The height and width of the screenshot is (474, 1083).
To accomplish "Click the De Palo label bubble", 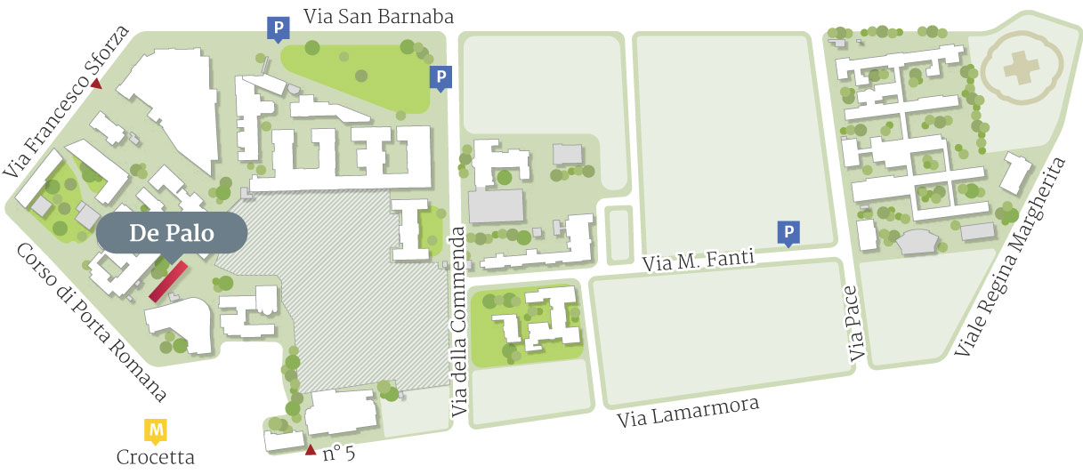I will pos(170,233).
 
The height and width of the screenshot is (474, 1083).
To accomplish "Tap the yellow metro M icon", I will pos(157,431).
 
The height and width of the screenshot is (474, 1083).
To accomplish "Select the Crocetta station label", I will pos(156,457).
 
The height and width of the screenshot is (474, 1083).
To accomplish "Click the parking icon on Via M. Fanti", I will pos(788,232).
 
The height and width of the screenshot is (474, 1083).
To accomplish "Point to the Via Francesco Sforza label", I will pos(68,100).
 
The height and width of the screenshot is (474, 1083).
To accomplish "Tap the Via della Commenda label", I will pos(459,321).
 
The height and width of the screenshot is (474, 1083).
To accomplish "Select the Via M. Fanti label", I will pos(698,260).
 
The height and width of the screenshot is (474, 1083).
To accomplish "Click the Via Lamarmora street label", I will pos(689,414).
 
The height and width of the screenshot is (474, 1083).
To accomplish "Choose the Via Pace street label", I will pos(857,323).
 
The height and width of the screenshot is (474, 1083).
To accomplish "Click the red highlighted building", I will pos(168,280).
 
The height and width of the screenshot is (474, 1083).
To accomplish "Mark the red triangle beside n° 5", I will pos(310,450).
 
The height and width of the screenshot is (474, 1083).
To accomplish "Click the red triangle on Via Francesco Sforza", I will pos(96,84).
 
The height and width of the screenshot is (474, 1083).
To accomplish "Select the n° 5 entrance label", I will pos(338,454).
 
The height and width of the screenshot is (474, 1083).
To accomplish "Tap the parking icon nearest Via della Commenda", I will pos(440,77).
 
